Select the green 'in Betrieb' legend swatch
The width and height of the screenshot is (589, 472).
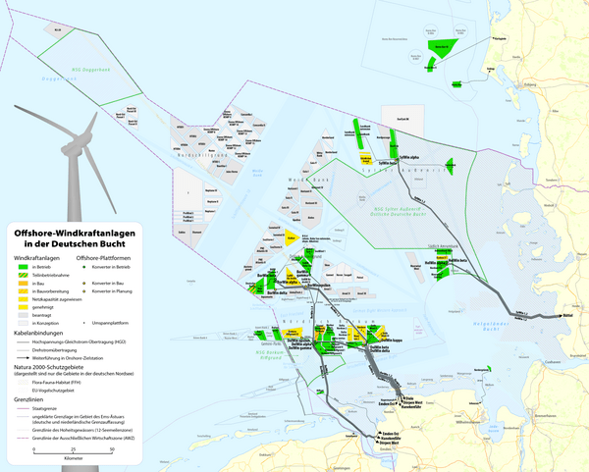[22, 266]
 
